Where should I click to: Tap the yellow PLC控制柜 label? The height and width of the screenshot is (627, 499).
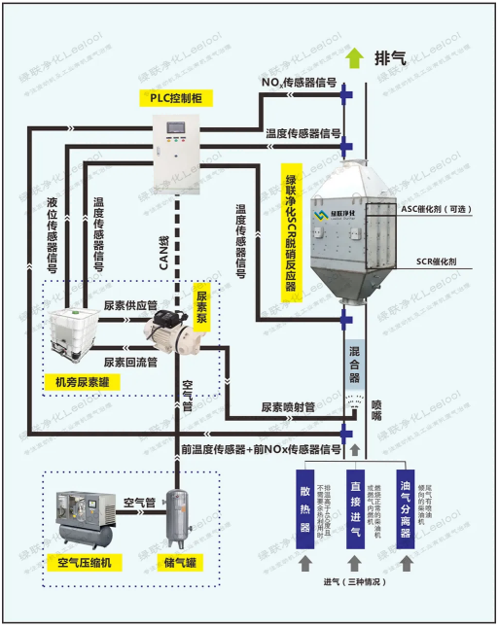[176, 99]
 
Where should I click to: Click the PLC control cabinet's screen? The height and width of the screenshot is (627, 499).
[176, 130]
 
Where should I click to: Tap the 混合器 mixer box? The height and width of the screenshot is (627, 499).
[355, 362]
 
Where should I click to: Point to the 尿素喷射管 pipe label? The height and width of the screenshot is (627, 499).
[287, 407]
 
